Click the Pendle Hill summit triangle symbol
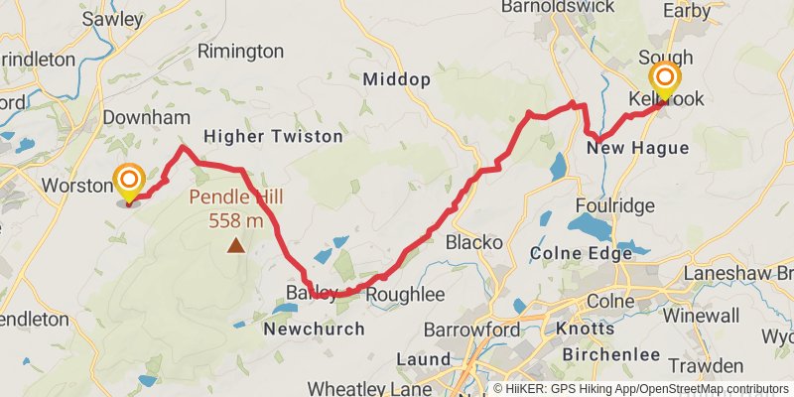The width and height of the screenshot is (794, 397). (x=236, y=244)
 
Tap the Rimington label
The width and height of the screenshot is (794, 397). (x=240, y=51)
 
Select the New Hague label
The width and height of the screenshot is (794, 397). (x=636, y=148)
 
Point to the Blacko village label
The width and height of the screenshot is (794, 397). (x=475, y=242)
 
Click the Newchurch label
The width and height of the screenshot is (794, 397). (x=315, y=329)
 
